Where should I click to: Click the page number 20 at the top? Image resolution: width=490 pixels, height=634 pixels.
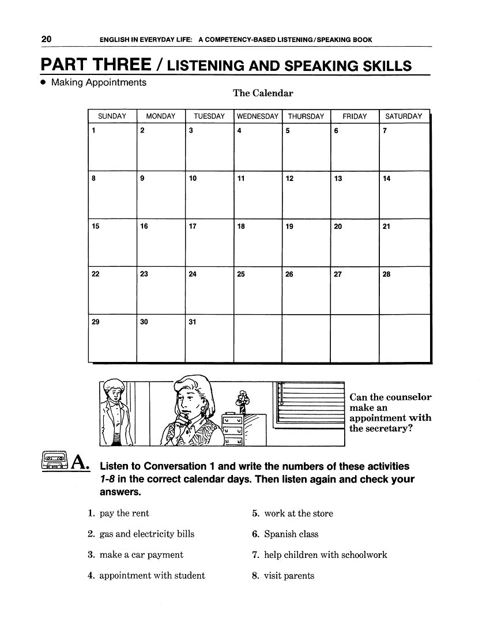[x=47, y=39]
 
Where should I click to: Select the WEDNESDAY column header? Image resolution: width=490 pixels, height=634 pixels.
[x=258, y=116]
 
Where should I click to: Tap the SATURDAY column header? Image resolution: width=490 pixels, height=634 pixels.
[x=404, y=116]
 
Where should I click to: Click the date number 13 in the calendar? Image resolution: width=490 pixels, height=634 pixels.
[x=338, y=179]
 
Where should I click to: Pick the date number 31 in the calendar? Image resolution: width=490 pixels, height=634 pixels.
[x=193, y=322]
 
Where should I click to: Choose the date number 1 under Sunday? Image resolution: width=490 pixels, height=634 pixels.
[x=93, y=131]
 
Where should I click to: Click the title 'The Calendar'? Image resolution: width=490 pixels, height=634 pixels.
[x=263, y=93]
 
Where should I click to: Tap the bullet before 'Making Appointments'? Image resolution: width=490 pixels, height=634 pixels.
[x=43, y=83]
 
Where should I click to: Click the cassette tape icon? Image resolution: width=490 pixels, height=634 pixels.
[x=55, y=462]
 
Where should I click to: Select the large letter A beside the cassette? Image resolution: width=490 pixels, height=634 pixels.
[x=80, y=462]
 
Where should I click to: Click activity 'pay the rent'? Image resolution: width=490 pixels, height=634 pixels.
[x=124, y=514]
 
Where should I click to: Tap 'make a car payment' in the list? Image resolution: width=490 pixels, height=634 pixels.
[x=141, y=555]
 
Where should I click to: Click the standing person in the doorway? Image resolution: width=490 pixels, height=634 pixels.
[x=114, y=412]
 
